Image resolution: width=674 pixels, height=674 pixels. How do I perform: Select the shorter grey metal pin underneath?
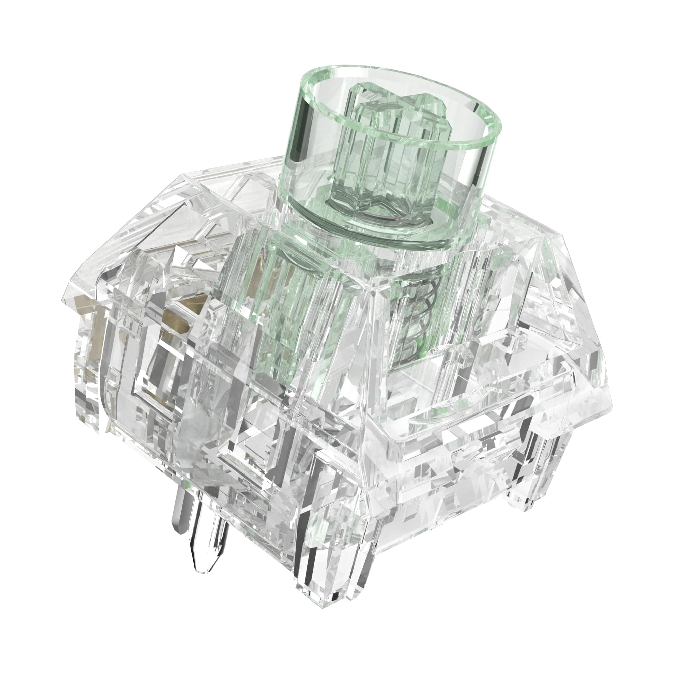pyautogui.click(x=180, y=502)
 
